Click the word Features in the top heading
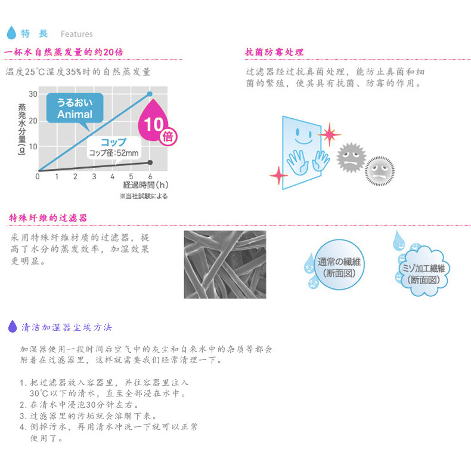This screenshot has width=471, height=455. point(76,34)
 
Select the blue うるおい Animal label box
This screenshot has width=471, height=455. point(75,108)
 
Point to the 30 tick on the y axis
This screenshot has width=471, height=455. point(32,94)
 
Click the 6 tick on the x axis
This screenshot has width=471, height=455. point(150,176)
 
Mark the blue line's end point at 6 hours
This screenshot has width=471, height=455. point(150,94)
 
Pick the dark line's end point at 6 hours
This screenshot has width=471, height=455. point(150,162)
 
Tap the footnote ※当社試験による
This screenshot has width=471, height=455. point(144,196)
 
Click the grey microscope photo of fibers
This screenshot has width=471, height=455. point(225,264)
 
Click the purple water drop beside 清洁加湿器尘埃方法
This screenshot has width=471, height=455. point(12,327)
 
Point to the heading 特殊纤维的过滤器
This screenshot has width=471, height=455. point(48,218)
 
